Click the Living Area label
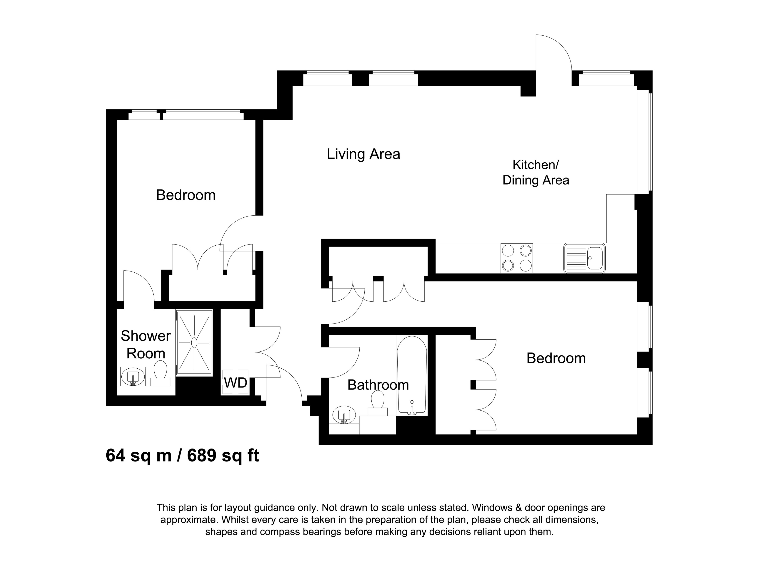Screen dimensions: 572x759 click(363, 154)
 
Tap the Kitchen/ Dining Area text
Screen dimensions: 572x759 click(536, 172)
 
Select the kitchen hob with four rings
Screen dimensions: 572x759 click(516, 258)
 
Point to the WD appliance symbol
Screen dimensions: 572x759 click(235, 382)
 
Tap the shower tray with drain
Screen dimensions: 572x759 click(194, 343)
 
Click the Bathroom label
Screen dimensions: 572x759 click(378, 385)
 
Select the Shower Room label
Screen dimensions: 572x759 click(145, 344)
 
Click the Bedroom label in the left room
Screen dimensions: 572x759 click(186, 195)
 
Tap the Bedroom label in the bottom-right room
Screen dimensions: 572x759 click(556, 358)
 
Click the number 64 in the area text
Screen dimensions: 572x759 click(115, 456)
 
